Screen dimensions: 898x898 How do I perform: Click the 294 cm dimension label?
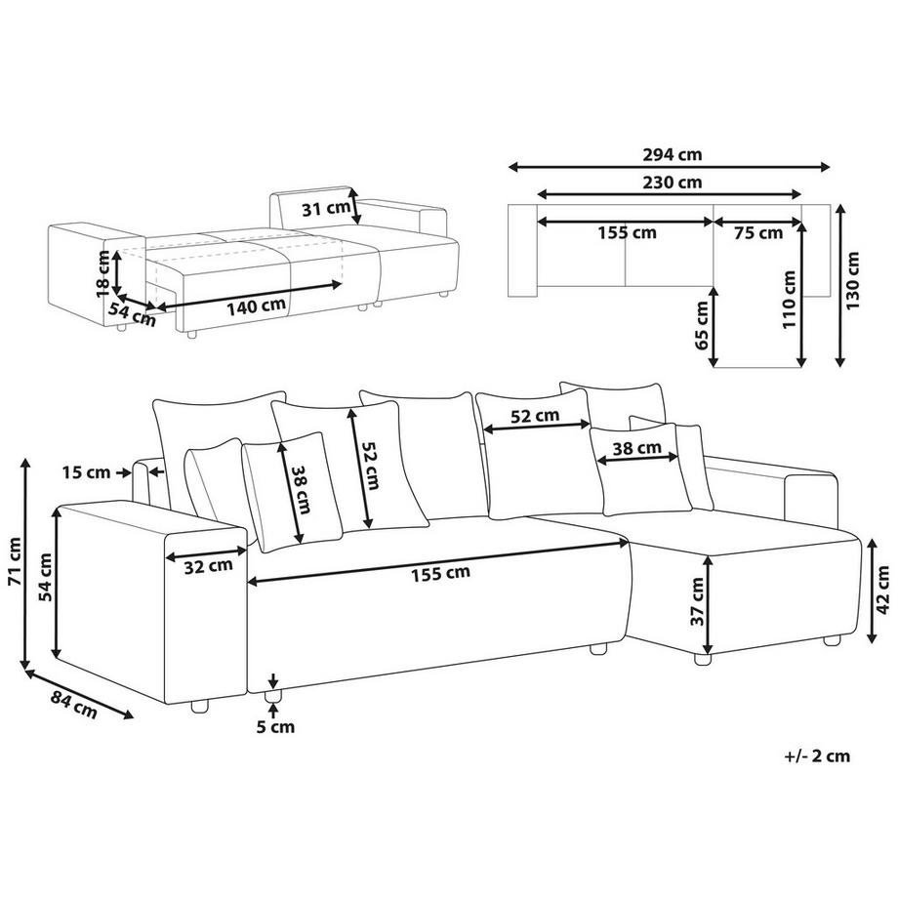673,154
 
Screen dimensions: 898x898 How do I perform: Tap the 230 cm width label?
673,182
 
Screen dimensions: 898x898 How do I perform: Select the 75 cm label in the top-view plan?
757,233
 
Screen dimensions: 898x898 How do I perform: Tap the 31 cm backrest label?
327,208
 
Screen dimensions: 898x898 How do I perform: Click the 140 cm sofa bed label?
255,306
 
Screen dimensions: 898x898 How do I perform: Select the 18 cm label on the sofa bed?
102,272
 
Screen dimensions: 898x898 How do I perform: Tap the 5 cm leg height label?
275,726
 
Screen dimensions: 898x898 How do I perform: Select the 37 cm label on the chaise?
698,603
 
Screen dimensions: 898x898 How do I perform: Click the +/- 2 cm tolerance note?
816,755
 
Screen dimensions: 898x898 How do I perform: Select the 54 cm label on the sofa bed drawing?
131,314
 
